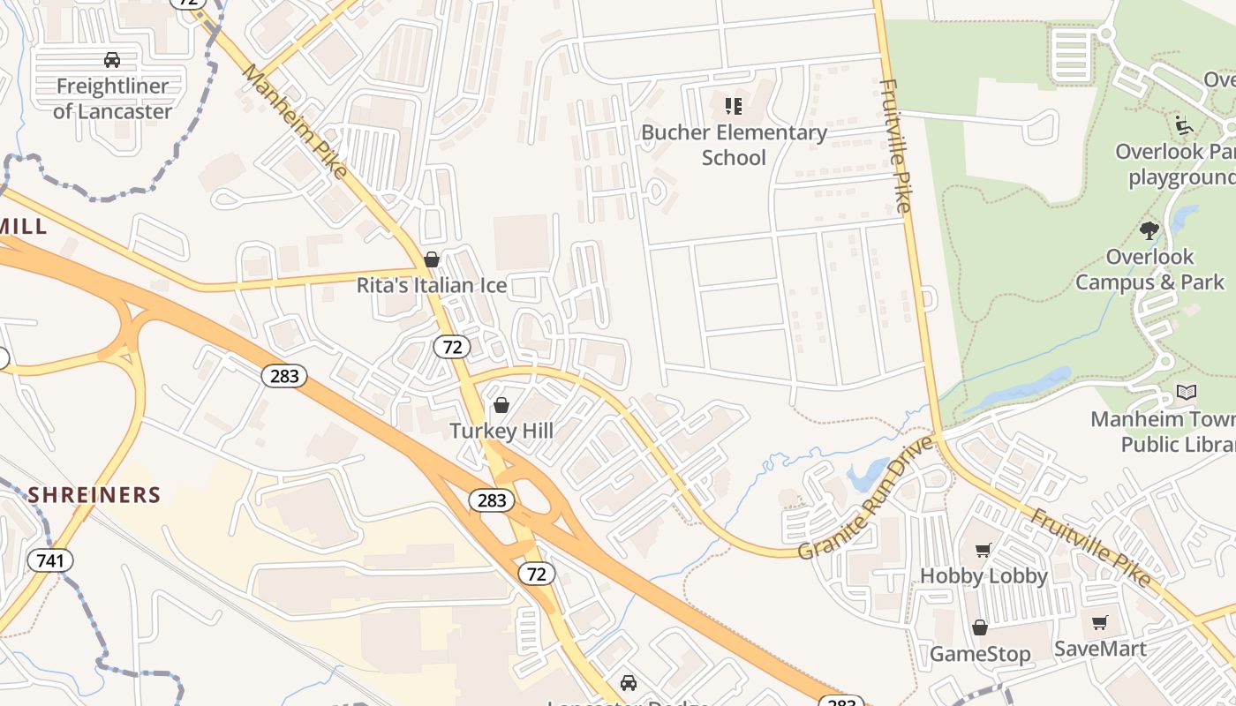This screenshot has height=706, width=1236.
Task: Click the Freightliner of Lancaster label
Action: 112,99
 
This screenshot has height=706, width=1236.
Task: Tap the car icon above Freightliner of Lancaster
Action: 112,60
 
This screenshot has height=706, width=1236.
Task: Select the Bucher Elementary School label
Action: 734,145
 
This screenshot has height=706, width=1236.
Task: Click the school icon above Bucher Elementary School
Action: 734,107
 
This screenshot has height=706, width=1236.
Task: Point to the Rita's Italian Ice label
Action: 432,285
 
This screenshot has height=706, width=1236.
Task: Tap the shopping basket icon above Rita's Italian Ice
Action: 432,259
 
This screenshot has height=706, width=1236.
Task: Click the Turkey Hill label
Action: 501,431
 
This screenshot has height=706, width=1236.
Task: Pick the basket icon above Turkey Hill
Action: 501,405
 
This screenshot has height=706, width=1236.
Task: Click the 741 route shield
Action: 50,560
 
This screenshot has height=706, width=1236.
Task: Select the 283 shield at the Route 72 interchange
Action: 491,500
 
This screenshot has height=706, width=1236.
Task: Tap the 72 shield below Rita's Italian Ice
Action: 452,347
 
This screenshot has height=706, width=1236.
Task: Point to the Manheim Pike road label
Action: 295,121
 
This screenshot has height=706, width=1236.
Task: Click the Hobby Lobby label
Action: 984,576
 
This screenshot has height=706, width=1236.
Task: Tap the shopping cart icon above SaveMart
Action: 1100,623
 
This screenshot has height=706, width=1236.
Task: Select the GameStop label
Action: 980,654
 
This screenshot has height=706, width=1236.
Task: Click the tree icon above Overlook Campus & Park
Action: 1149,231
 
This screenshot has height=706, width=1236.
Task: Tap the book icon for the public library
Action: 1187,392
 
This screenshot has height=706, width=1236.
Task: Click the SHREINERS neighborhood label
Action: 94,494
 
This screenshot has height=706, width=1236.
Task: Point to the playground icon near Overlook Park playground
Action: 1184,124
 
